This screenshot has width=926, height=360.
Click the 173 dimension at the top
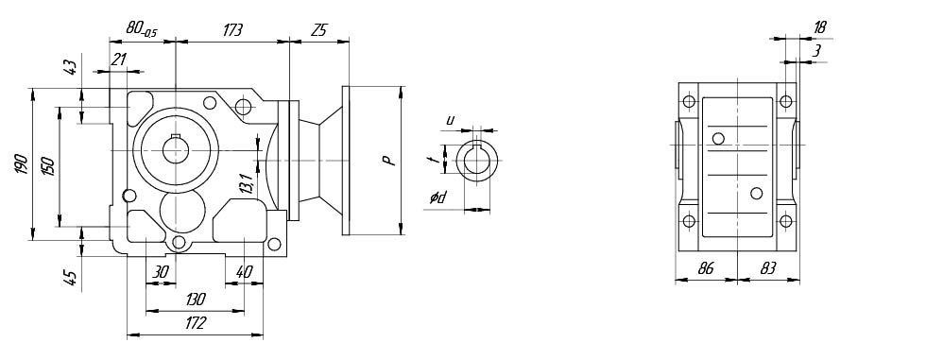[232, 30]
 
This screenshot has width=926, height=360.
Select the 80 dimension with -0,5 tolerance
[142, 30]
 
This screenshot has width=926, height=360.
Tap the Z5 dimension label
[318, 30]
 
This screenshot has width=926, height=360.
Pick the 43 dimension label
[70, 67]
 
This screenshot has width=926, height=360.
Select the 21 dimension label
[119, 59]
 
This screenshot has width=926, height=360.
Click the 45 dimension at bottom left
[70, 278]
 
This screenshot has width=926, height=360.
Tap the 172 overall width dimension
[195, 323]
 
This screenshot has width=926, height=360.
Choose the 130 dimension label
[195, 300]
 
